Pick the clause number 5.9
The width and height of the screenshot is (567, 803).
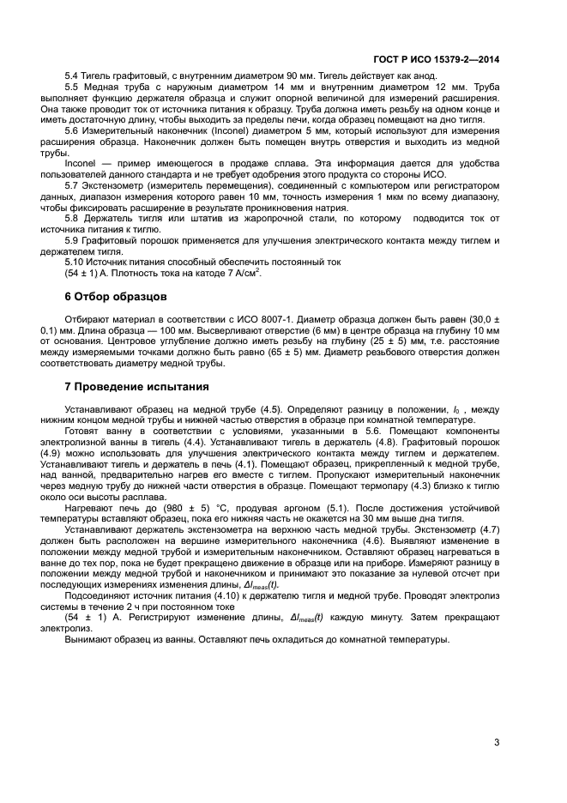point(71,240)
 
